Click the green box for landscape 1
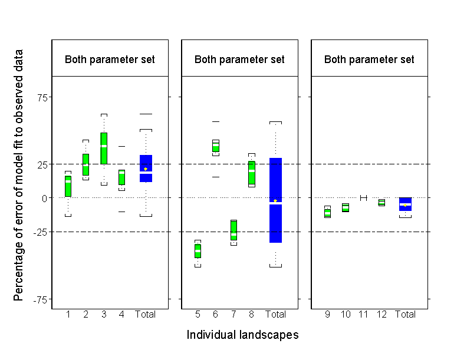coord(68,186)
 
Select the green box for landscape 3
coord(104,148)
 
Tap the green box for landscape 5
coord(198,250)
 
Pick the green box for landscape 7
coord(233,230)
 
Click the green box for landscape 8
coord(252,173)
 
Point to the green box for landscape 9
coord(327,213)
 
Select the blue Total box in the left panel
coord(146,169)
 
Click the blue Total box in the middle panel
coord(275,200)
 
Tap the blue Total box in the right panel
coord(405,204)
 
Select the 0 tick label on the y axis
coord(43,198)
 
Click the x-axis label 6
coord(216,315)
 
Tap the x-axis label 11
coord(363,315)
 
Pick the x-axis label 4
coord(121,315)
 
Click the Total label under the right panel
coord(405,315)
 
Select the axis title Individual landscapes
coord(242,335)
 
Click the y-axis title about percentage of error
coord(19,175)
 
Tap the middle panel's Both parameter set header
coord(239,60)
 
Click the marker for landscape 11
coord(363,198)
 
